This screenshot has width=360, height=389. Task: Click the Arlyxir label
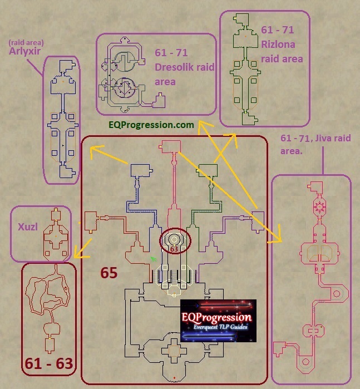[24, 51]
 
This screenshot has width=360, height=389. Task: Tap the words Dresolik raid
[184, 67]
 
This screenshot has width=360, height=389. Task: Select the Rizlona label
[278, 45]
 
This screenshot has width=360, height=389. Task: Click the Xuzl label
[27, 226]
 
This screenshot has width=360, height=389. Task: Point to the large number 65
[109, 273]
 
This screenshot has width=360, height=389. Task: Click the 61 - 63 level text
[49, 364]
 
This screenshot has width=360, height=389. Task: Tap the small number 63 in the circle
[174, 249]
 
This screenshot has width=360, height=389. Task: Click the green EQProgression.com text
[151, 125]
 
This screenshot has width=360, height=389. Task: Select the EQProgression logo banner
[218, 321]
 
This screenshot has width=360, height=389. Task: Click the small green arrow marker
[154, 259]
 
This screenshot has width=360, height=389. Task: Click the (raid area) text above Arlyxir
[26, 43]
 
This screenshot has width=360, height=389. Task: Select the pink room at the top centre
[170, 146]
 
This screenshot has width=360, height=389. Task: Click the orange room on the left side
[91, 222]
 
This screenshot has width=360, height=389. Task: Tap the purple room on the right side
[258, 222]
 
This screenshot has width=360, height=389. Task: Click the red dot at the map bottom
[174, 378]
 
